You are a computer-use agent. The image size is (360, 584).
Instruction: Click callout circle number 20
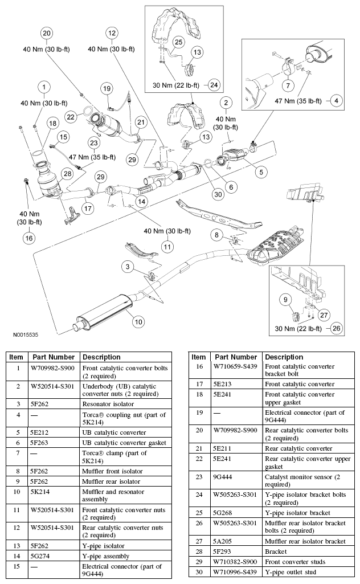(x=47, y=33)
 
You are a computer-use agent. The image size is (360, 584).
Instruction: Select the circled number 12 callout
(x=112, y=33)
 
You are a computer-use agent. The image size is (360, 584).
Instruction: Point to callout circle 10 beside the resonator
(x=138, y=321)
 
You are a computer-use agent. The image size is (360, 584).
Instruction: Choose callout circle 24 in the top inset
(x=214, y=85)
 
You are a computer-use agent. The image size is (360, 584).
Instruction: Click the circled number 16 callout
(x=28, y=238)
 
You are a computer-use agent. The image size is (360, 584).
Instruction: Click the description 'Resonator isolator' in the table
(x=111, y=404)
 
